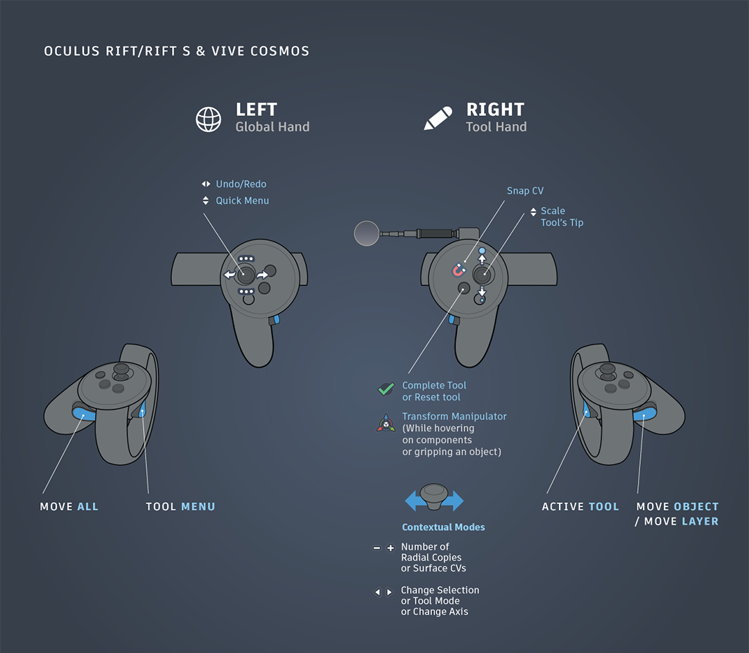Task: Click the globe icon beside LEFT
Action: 208,119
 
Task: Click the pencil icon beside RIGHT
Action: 438,119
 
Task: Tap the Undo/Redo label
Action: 241,184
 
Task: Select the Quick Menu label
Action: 242,201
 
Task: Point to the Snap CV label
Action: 525,191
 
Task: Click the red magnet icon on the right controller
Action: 458,269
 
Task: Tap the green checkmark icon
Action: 386,389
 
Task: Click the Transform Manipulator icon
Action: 386,423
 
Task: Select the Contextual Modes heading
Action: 443,527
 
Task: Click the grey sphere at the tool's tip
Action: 367,233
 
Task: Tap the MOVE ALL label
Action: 69,507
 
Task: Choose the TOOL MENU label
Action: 180,507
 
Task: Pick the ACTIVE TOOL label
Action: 580,507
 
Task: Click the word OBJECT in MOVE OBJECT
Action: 696,507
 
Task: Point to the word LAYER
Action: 700,521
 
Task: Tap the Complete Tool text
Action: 434,385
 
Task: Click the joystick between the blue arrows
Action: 434,497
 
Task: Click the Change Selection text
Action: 440,590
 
